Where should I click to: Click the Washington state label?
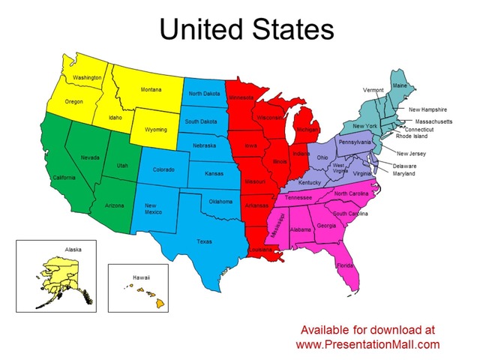(x=87, y=77)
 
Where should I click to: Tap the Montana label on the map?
(x=151, y=90)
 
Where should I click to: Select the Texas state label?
(x=204, y=241)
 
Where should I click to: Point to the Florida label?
(x=345, y=265)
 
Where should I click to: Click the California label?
(x=64, y=177)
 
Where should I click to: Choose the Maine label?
(x=400, y=85)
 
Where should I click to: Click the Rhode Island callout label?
(x=412, y=136)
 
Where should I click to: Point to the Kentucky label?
(x=309, y=183)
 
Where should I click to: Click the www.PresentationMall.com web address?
(x=367, y=344)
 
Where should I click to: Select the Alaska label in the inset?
(x=73, y=248)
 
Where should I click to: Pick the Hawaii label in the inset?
(x=142, y=277)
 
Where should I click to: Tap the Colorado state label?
(x=163, y=169)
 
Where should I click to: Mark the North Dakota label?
(x=205, y=94)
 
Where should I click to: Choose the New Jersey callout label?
(x=411, y=153)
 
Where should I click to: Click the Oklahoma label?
(x=220, y=201)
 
